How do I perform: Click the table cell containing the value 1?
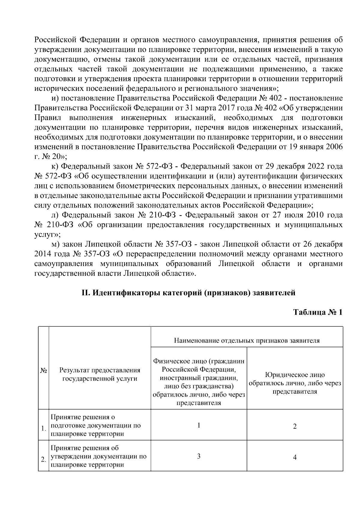click(x=199, y=425)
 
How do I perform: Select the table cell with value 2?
click(x=295, y=426)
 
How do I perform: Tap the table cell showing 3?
click(x=199, y=456)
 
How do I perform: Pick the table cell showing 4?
click(x=295, y=457)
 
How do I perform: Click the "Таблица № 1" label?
click(x=318, y=312)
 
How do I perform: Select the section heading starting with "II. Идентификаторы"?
click(x=188, y=292)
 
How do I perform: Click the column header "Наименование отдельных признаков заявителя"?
click(x=247, y=340)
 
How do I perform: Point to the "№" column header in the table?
click(x=43, y=371)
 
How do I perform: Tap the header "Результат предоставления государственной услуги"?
click(x=100, y=374)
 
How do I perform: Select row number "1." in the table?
click(x=43, y=429)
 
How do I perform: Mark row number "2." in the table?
click(x=43, y=460)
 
